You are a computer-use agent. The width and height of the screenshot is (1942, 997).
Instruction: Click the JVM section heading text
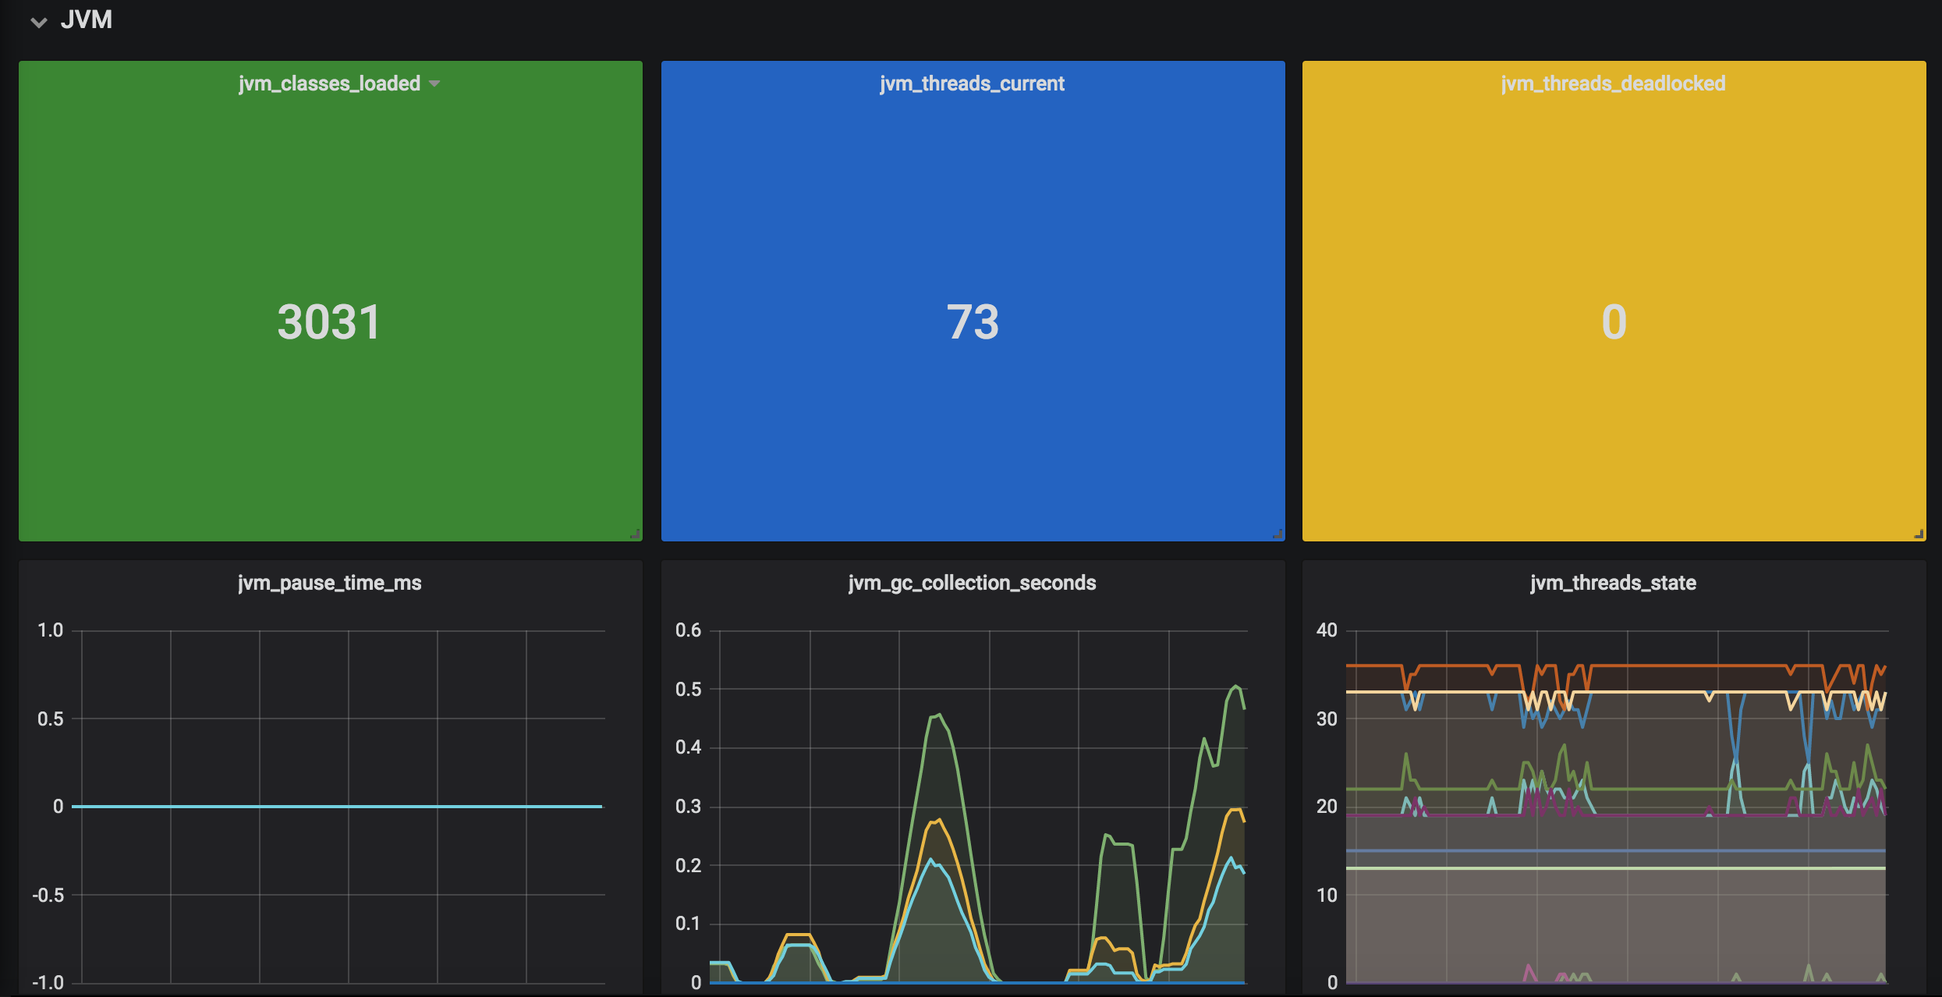[86, 20]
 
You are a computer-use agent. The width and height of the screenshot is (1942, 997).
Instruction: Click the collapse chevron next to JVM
[39, 22]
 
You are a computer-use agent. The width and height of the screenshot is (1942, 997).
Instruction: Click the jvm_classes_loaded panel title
[329, 83]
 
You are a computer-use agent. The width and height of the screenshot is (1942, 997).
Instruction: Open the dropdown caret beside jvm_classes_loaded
[434, 83]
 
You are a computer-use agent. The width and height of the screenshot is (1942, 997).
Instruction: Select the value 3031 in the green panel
[329, 321]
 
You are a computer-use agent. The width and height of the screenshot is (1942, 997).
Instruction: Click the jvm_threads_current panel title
[972, 83]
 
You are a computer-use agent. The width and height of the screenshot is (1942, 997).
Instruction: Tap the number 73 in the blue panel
[973, 321]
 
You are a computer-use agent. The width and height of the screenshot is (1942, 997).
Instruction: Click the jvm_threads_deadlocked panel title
[1613, 83]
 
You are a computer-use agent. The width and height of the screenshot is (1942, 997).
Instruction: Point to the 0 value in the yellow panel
[1614, 321]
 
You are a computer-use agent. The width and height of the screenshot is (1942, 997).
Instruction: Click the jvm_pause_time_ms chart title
[329, 583]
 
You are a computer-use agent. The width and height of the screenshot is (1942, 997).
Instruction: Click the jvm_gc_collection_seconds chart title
[972, 583]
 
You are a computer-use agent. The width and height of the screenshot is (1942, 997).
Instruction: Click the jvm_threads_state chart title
[1613, 583]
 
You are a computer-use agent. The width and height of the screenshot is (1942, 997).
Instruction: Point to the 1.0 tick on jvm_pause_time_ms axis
[51, 630]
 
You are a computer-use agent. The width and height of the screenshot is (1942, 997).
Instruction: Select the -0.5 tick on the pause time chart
[48, 895]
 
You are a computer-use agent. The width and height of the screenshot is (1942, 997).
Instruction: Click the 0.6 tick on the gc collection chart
[688, 630]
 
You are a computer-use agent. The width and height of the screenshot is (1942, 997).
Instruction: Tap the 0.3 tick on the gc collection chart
[688, 807]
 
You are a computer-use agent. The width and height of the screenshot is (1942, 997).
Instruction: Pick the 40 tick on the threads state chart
[1327, 630]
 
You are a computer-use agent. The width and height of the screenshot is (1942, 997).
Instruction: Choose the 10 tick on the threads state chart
[1327, 895]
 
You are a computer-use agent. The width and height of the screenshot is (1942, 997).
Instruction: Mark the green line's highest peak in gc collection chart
[1236, 686]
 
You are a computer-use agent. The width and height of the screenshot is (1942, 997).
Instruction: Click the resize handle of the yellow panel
[1919, 534]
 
